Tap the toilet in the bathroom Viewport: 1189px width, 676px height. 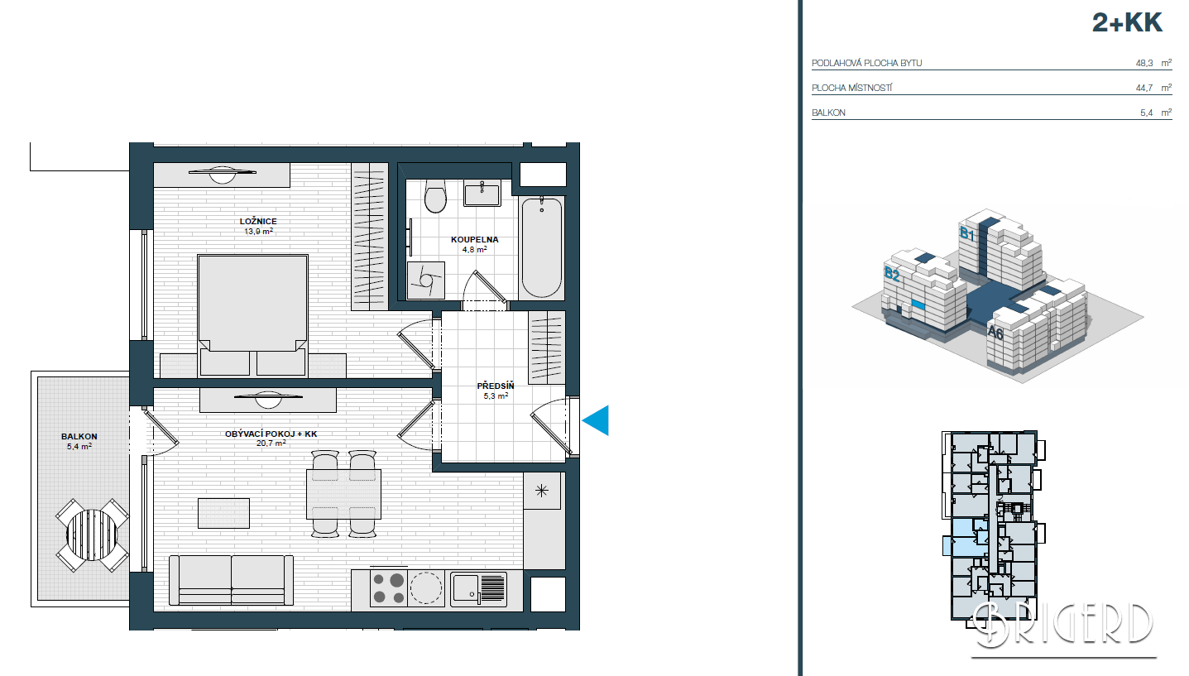coord(435,195)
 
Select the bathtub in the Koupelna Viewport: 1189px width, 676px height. coord(541,247)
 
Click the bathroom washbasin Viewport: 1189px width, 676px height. coord(482,193)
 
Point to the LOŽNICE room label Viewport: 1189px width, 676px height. coord(258,221)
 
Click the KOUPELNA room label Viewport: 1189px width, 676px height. coord(475,239)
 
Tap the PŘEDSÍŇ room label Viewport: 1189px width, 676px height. coord(496,386)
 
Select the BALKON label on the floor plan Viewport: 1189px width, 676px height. coord(79,436)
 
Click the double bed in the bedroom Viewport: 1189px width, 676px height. coord(252,316)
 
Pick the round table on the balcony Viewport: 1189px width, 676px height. coord(93,535)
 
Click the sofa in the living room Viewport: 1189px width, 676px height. coord(231,580)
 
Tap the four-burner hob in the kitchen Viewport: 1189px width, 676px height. coord(388,588)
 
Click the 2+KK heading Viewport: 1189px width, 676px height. coord(1127,23)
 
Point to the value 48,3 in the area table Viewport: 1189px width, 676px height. coord(1143,63)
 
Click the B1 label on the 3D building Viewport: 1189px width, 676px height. coord(967,233)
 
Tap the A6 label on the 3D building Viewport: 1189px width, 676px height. coord(995,333)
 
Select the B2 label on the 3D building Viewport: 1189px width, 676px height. coord(892,274)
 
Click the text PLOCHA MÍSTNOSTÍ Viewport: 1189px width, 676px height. coord(852,88)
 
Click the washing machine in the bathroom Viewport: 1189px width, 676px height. coord(426,280)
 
